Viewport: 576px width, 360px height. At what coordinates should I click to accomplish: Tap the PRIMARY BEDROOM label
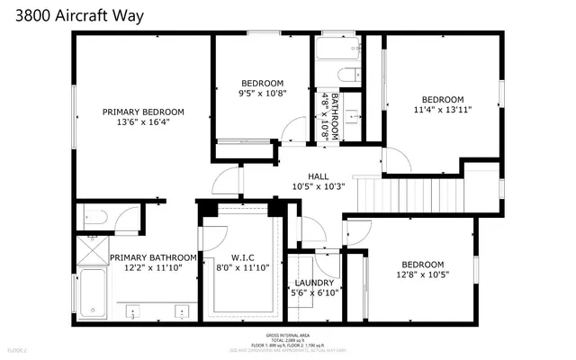143,112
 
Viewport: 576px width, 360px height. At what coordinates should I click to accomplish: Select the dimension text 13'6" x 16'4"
143,122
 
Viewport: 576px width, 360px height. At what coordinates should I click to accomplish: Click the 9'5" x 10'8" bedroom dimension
262,93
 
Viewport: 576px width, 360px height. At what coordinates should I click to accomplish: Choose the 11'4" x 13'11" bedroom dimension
443,110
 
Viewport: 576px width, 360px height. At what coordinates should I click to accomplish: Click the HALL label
319,176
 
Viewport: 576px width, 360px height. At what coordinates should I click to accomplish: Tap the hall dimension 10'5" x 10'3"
319,187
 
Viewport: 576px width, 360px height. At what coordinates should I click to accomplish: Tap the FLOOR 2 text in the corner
18,348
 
